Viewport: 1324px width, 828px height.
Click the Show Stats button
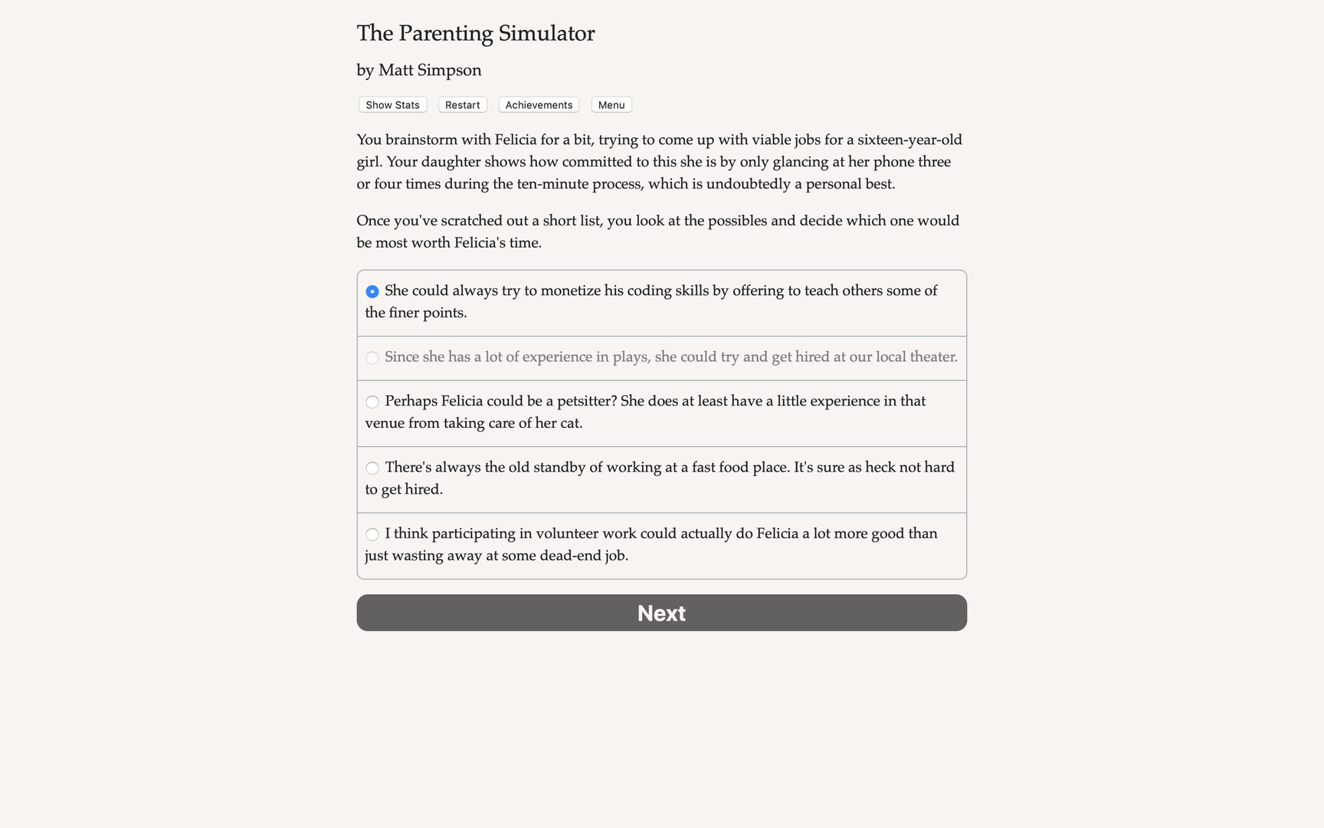pos(392,105)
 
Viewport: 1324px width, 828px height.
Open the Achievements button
pos(539,105)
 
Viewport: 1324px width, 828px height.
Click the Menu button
pos(611,105)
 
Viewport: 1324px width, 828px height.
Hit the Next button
pos(661,613)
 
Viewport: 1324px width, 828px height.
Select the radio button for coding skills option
pos(372,291)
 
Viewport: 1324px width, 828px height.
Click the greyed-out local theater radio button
pos(372,357)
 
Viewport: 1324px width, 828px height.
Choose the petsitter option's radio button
pos(372,402)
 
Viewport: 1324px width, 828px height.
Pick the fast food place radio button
pos(372,468)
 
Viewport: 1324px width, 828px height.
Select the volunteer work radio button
pos(372,534)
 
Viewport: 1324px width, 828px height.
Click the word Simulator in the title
pos(546,33)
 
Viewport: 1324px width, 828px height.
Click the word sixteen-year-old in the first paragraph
pos(909,140)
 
